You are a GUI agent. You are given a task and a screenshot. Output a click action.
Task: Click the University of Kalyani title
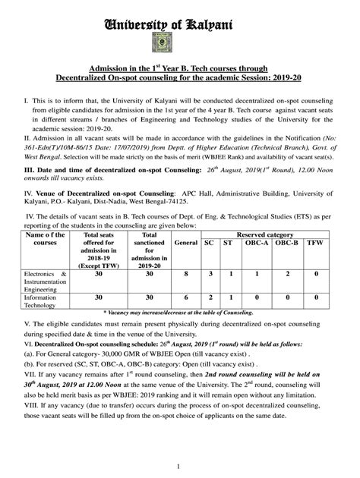180,25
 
